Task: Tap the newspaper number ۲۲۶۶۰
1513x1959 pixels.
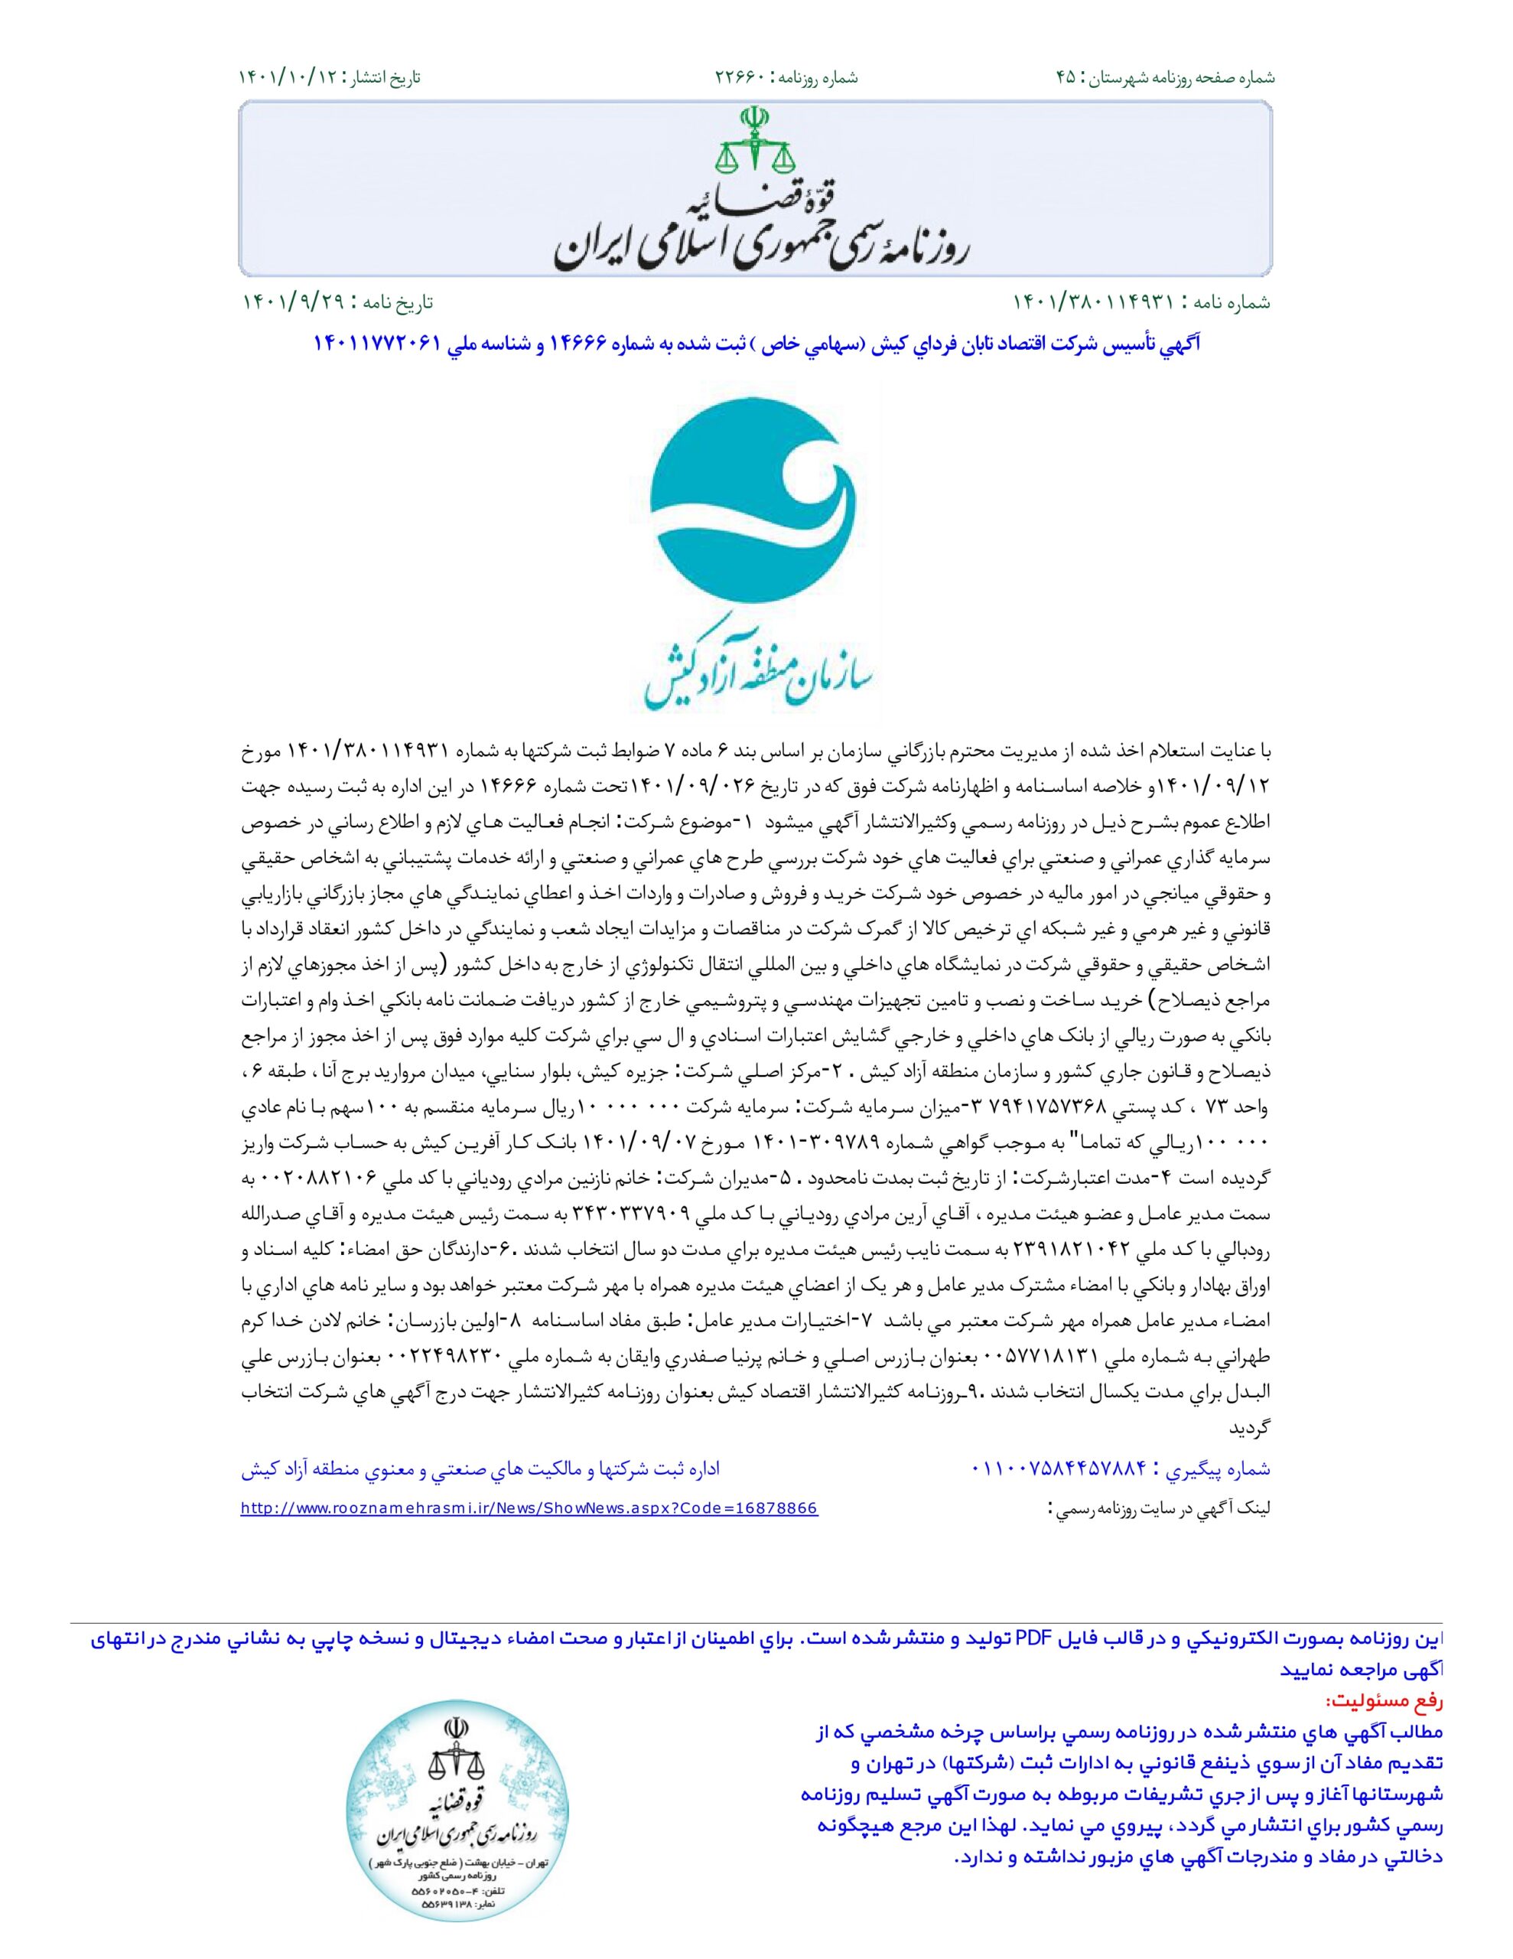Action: tap(740, 77)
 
